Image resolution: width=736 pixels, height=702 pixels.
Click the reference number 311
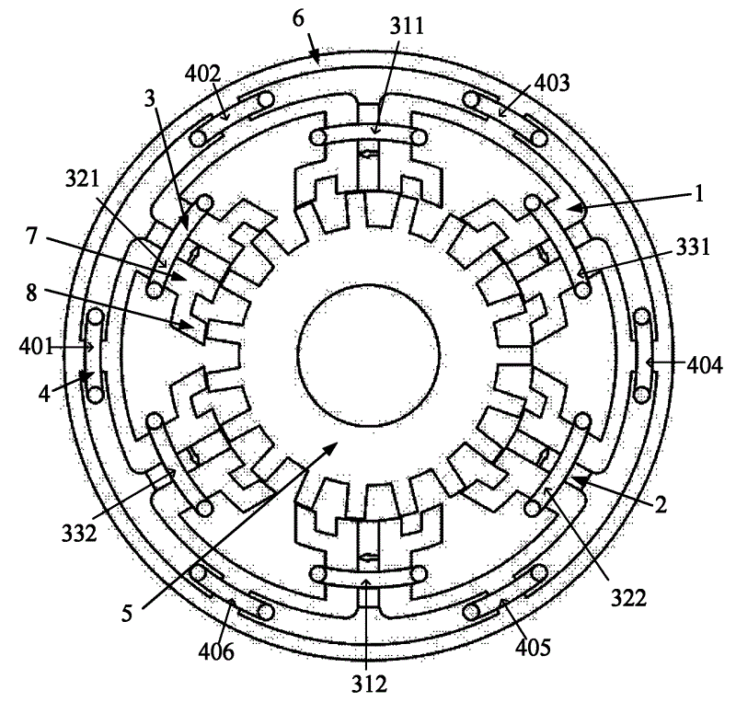pos(407,27)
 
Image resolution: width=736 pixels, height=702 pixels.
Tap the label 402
pos(202,74)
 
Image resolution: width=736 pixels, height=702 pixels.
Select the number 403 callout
pos(552,82)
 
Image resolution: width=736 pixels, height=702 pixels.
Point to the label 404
pos(705,365)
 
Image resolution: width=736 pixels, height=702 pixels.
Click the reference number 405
pos(533,648)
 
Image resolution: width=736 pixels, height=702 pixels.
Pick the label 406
pos(216,651)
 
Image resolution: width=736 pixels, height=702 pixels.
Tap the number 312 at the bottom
pos(370,685)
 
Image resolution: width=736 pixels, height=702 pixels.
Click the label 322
pos(628,598)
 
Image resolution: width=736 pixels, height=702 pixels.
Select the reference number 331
pos(693,247)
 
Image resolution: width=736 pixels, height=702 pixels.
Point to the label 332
pos(79,534)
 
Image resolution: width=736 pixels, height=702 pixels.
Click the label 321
pos(83,179)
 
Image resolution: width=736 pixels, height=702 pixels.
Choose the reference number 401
pos(36,347)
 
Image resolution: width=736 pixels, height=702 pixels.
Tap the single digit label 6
pos(298,18)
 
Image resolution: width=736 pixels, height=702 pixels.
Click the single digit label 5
pos(127,614)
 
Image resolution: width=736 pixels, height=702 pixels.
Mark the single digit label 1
pos(699,193)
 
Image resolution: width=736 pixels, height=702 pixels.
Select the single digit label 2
pos(661,505)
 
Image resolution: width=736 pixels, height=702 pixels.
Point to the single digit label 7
pos(31,236)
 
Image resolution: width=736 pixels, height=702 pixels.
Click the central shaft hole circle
pos(369,355)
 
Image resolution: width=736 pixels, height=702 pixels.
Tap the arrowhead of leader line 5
pos(332,446)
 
